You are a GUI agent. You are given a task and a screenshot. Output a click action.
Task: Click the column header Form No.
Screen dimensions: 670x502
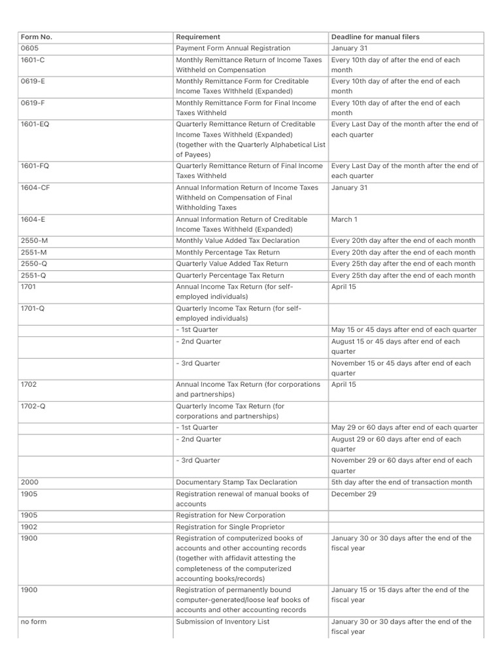pyautogui.click(x=37, y=37)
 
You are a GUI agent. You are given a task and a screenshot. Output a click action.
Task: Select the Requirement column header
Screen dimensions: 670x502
pyautogui.click(x=198, y=37)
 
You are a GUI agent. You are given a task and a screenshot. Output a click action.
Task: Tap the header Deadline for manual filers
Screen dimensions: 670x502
pyautogui.click(x=375, y=37)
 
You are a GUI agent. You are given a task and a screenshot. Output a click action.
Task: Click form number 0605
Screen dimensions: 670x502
pyautogui.click(x=31, y=48)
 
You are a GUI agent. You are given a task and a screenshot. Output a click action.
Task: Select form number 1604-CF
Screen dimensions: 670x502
pyautogui.click(x=35, y=188)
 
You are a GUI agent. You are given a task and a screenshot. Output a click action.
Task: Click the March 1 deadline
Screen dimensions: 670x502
pyautogui.click(x=344, y=220)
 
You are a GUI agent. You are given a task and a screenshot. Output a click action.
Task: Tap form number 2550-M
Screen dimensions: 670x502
pyautogui.click(x=33, y=241)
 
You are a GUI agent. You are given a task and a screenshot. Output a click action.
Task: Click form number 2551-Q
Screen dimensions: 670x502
pyautogui.click(x=33, y=275)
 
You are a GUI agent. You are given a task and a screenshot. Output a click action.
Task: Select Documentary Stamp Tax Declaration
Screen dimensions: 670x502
pyautogui.click(x=237, y=482)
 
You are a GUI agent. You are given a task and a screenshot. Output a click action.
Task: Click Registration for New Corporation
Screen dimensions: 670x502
pyautogui.click(x=231, y=516)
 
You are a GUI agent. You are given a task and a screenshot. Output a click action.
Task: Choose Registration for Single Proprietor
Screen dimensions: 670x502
pyautogui.click(x=230, y=527)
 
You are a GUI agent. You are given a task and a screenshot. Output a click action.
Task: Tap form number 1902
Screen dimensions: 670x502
pyautogui.click(x=29, y=527)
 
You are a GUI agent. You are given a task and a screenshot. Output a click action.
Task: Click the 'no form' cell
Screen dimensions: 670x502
pyautogui.click(x=34, y=622)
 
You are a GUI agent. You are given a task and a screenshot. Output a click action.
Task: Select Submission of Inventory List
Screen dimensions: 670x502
pyautogui.click(x=222, y=622)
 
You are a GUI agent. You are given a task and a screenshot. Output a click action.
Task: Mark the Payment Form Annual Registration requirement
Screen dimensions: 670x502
pyautogui.click(x=233, y=48)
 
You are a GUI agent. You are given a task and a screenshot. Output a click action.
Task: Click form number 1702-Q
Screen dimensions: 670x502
pyautogui.click(x=33, y=406)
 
